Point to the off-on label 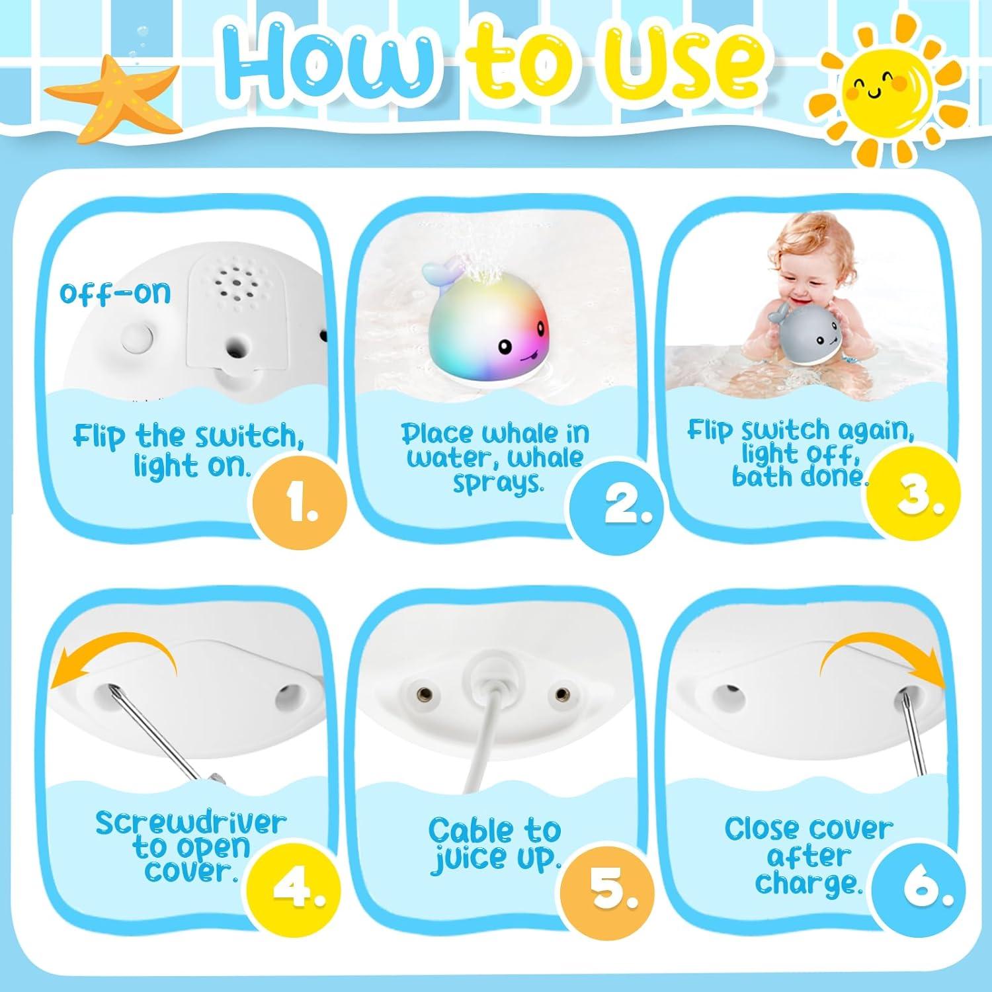(x=115, y=292)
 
